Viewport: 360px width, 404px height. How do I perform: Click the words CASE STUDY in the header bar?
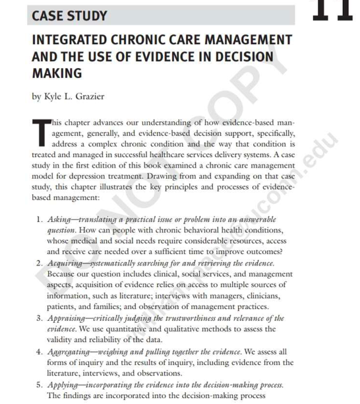[69, 15]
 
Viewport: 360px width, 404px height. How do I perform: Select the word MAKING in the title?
[57, 73]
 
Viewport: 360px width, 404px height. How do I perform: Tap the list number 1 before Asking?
[38, 219]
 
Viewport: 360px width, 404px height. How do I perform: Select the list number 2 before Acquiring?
[38, 263]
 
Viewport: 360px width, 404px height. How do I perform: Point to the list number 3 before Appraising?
[38, 318]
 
